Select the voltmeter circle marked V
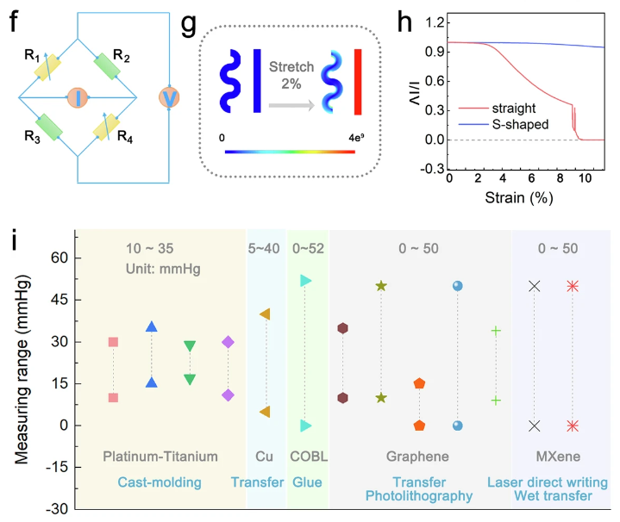pyautogui.click(x=171, y=98)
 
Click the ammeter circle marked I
pyautogui.click(x=75, y=96)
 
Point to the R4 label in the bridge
pyautogui.click(x=125, y=135)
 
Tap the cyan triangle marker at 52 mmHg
pyautogui.click(x=306, y=281)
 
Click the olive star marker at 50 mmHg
pyautogui.click(x=381, y=285)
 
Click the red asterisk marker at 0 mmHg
pyautogui.click(x=573, y=426)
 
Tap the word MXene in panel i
pyautogui.click(x=554, y=457)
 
